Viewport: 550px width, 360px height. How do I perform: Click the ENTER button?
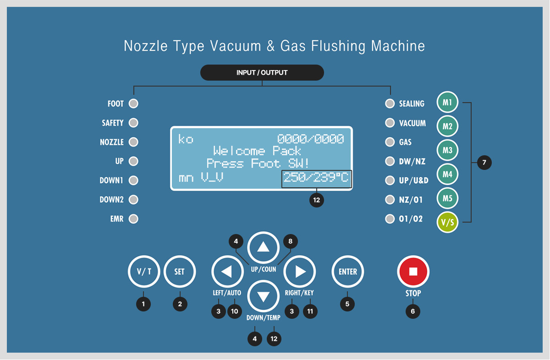tap(348, 272)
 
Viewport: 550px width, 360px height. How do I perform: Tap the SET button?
tap(180, 272)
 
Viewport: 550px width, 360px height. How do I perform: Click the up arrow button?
tap(263, 247)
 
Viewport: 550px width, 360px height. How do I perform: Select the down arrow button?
tap(263, 296)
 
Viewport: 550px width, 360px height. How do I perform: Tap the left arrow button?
tap(227, 272)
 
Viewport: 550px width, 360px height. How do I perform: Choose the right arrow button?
tap(300, 272)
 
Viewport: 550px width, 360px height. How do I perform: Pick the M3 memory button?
tap(447, 150)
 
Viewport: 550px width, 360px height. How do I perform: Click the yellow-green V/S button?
tap(447, 222)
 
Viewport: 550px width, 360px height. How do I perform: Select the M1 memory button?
tap(447, 102)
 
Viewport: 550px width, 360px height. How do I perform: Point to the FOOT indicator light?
tap(133, 104)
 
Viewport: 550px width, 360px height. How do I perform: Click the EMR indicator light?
tap(133, 218)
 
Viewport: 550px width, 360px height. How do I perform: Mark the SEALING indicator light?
tap(390, 104)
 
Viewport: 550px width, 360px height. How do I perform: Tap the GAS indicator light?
tap(390, 142)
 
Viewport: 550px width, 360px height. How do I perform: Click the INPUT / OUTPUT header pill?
tap(262, 73)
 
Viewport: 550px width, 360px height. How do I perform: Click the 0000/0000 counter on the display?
tap(311, 139)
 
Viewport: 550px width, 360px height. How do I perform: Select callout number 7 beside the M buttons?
tap(484, 162)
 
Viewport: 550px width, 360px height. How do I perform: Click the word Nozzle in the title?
tap(146, 46)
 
